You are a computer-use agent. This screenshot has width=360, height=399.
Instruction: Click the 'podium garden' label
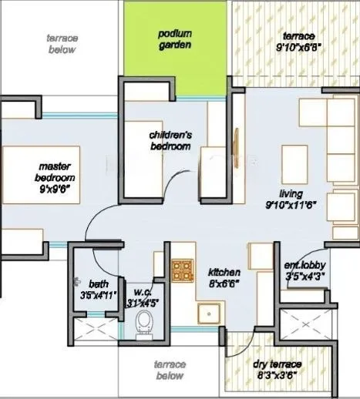pyautogui.click(x=175, y=39)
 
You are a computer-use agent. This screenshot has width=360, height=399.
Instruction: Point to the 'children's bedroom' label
pyautogui.click(x=170, y=139)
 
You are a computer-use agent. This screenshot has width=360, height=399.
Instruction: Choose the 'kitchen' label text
pyautogui.click(x=224, y=272)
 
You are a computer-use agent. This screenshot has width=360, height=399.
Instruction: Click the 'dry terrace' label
pyautogui.click(x=278, y=364)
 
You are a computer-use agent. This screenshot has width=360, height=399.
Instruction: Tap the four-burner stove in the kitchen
pyautogui.click(x=183, y=269)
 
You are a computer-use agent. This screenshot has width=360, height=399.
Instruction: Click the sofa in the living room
pyautogui.click(x=339, y=169)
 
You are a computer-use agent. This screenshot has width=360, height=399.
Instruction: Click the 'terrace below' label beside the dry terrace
pyautogui.click(x=168, y=370)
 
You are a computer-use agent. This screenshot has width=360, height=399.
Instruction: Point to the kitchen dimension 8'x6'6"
pyautogui.click(x=224, y=283)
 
